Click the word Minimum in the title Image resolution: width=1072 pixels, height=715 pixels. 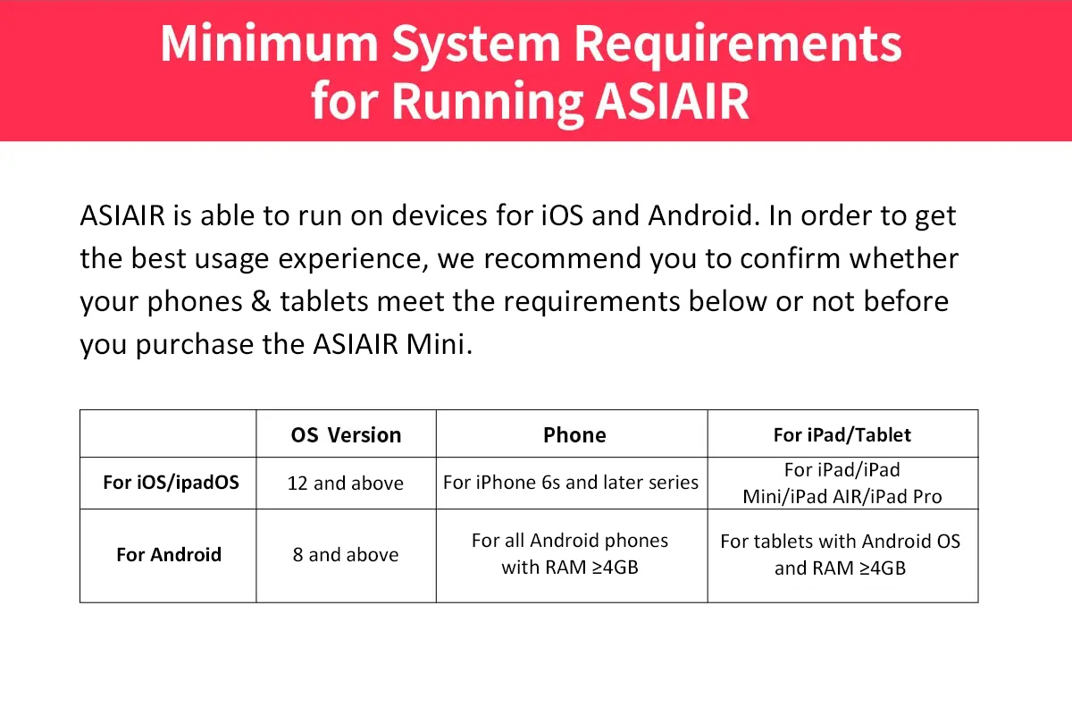[269, 43]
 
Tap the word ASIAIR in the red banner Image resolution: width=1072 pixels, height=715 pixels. [672, 101]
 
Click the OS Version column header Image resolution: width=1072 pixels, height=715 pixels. [346, 435]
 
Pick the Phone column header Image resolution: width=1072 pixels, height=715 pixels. [574, 435]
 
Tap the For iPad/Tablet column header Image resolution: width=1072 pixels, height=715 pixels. [842, 435]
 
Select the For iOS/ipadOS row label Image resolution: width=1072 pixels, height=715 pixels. [171, 483]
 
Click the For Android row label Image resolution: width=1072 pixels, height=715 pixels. [169, 554]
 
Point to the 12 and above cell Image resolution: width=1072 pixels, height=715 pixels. [345, 484]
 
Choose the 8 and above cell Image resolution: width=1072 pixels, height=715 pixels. [346, 554]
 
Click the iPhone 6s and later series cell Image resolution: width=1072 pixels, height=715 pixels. [571, 483]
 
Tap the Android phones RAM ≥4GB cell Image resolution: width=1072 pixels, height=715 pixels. [570, 553]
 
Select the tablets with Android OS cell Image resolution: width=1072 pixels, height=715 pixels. [841, 554]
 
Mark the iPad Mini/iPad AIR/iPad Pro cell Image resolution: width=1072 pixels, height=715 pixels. [842, 484]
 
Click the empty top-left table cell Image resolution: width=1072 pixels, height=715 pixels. [168, 433]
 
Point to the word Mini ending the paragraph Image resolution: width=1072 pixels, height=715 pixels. [435, 344]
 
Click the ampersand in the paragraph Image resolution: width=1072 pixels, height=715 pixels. [261, 301]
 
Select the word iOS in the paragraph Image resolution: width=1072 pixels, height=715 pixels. [562, 215]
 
